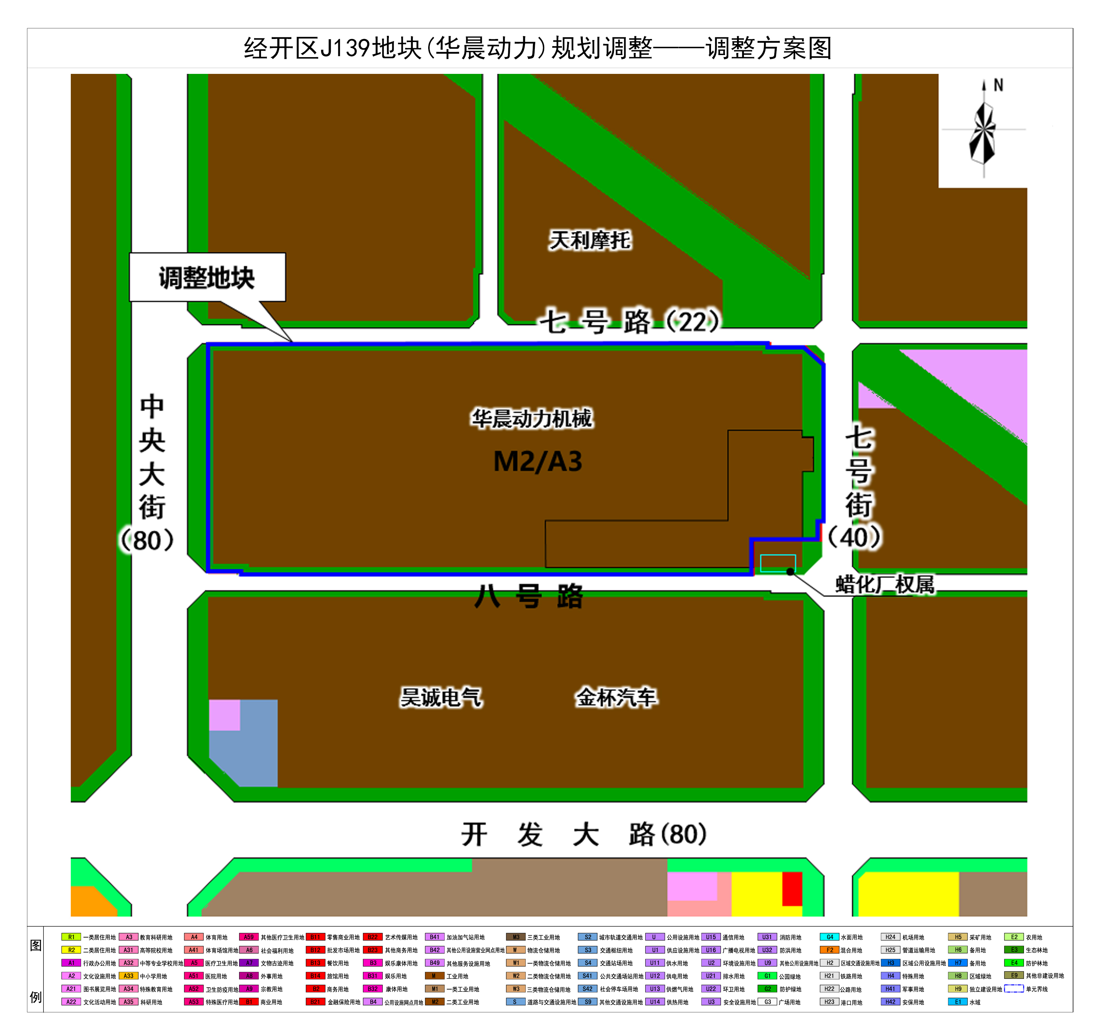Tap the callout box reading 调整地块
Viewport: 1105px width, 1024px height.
207,278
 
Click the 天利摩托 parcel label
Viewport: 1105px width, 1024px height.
590,240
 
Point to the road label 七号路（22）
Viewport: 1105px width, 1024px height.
630,321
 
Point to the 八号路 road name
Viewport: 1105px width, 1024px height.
529,597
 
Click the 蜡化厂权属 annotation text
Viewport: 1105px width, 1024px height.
885,585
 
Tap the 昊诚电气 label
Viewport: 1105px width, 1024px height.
441,697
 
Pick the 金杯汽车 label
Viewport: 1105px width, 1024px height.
616,697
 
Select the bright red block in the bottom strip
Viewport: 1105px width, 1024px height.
792,889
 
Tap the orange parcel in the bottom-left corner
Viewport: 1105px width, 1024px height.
91,901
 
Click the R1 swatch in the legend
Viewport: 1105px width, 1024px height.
71,937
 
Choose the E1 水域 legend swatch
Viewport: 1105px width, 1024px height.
958,1002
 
